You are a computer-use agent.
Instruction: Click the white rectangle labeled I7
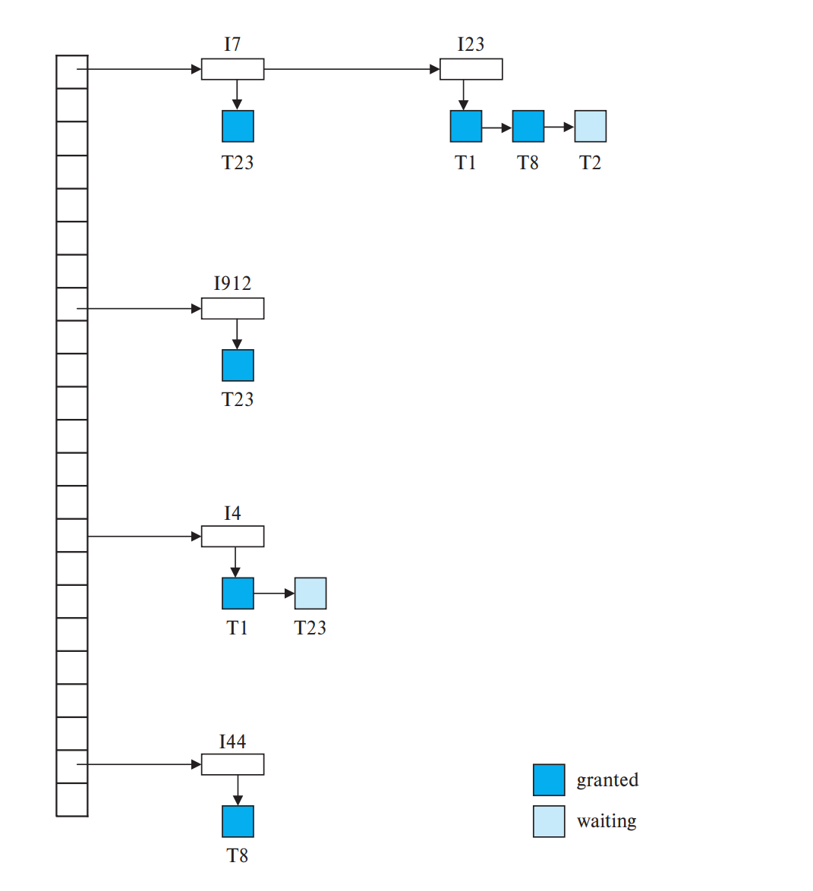(232, 69)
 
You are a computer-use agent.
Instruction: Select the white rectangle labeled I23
(471, 69)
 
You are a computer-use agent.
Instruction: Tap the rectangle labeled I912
(232, 308)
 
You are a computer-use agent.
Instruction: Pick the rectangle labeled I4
(232, 536)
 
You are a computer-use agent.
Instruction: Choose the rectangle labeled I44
(232, 764)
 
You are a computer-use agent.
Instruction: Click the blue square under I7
(238, 126)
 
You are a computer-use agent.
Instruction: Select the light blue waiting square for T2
(590, 126)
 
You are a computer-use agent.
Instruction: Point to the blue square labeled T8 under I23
(528, 126)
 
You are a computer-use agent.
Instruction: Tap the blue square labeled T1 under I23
(465, 126)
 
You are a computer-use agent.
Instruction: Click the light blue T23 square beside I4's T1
(310, 593)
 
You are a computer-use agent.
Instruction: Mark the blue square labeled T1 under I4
(238, 593)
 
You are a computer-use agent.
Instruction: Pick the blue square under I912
(238, 365)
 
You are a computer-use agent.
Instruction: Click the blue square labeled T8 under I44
(238, 821)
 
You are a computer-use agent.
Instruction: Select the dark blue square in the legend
(548, 779)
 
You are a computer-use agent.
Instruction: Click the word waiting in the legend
(607, 821)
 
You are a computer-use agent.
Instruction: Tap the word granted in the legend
(607, 780)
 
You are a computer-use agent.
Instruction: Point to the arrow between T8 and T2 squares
(559, 127)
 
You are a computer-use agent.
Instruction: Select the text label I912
(232, 283)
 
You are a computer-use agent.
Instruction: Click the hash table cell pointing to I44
(72, 766)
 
